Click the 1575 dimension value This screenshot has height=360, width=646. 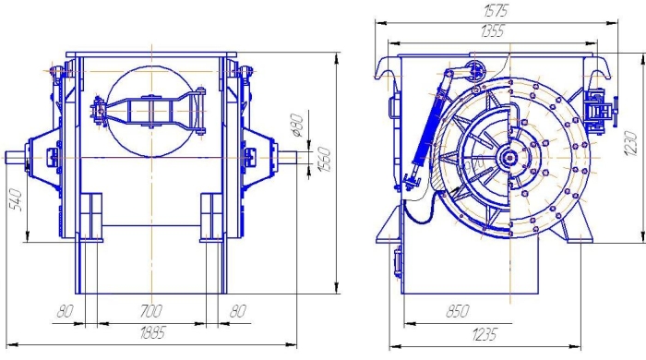[496, 10]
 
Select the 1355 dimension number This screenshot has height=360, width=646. [492, 30]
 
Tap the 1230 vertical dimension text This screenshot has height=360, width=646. [630, 143]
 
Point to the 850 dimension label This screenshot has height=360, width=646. [458, 311]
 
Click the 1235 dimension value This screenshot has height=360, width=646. [484, 334]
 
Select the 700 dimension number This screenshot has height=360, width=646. [151, 310]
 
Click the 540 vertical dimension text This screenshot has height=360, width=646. [16, 199]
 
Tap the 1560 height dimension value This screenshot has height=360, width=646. [324, 160]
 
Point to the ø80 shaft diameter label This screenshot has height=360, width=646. [296, 126]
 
